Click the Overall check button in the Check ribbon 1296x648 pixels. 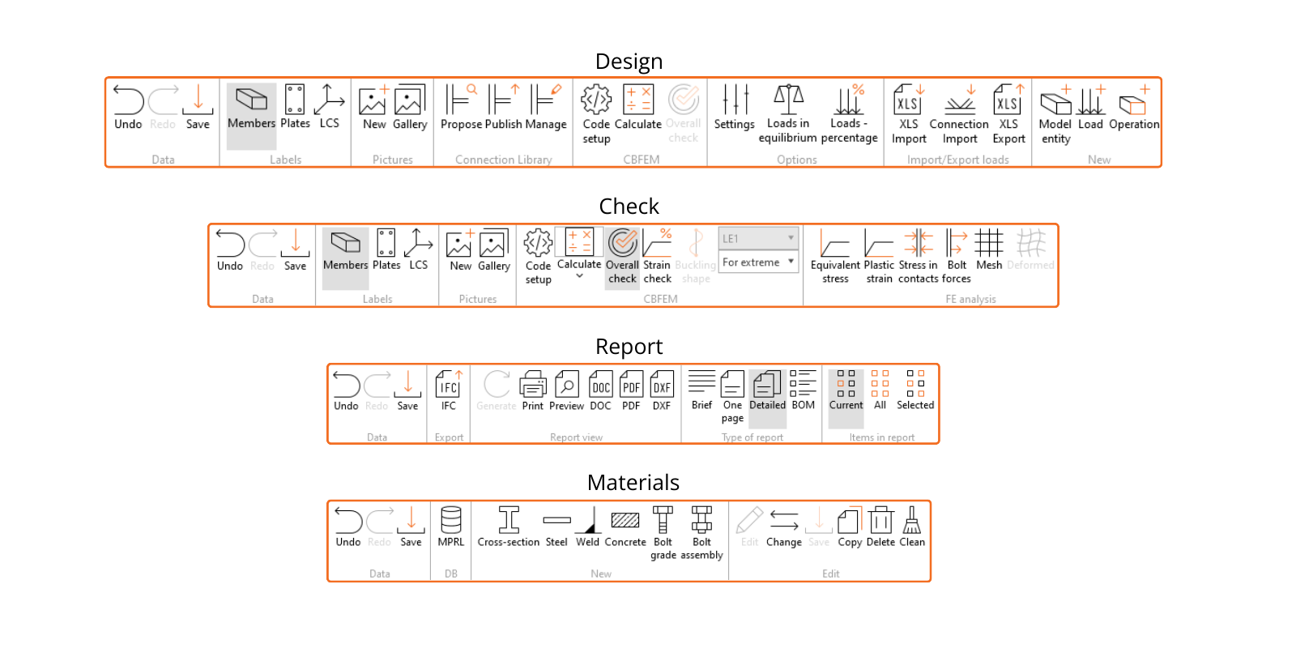click(622, 254)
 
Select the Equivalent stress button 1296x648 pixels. click(835, 254)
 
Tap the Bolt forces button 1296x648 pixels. click(957, 254)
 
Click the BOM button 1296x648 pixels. click(803, 390)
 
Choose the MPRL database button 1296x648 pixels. click(451, 526)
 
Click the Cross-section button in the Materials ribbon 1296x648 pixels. click(509, 526)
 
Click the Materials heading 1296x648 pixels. click(633, 483)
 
